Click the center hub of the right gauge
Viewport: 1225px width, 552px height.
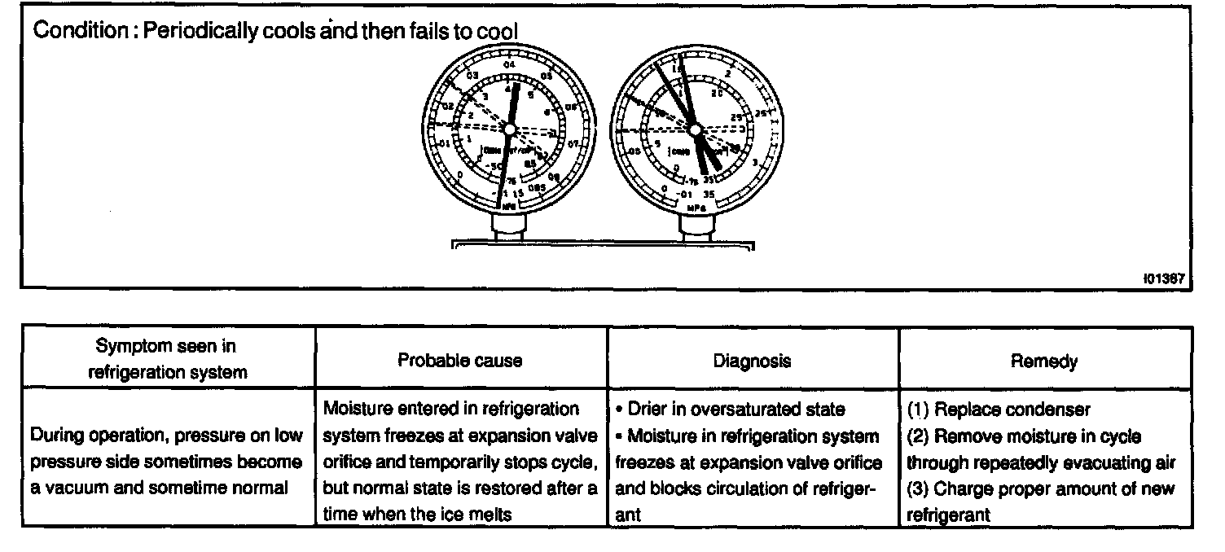pos(694,129)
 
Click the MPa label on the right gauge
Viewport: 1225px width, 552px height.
pos(696,208)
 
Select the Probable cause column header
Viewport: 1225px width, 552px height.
pos(460,361)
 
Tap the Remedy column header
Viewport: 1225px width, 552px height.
pos(1044,361)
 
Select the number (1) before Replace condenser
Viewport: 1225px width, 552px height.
pos(918,410)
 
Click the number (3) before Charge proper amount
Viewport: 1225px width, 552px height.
pos(918,489)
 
